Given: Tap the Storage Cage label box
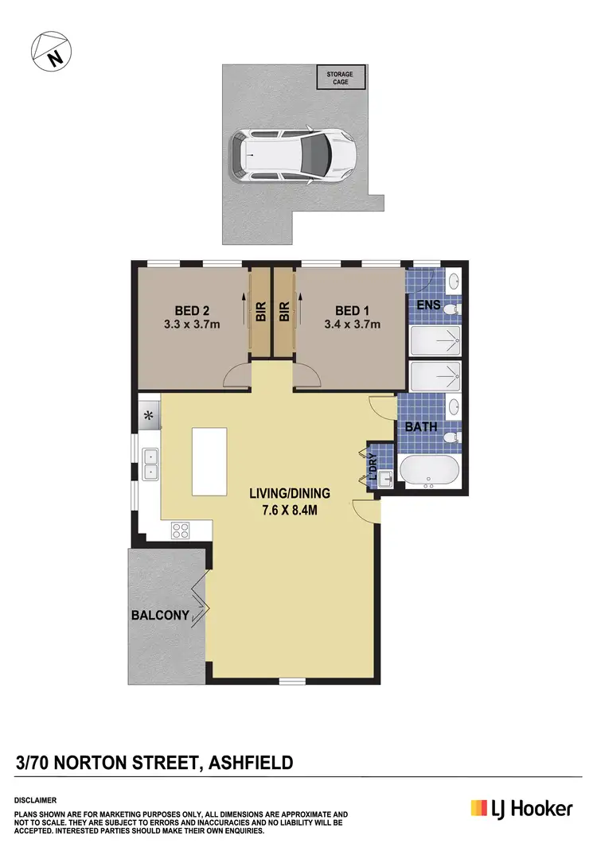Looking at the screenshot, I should coord(341,77).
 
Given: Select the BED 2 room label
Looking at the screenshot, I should coord(192,310).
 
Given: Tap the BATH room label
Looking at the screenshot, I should coord(421,426).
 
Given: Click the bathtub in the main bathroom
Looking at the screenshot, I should coord(430,472).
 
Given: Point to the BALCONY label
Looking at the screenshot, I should coord(160,615).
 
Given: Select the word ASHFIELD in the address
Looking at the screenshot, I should coord(250,764).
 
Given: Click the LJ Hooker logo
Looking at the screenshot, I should coord(521,809).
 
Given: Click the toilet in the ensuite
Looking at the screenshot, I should coord(451,309).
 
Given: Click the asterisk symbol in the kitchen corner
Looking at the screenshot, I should coord(148,414).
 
